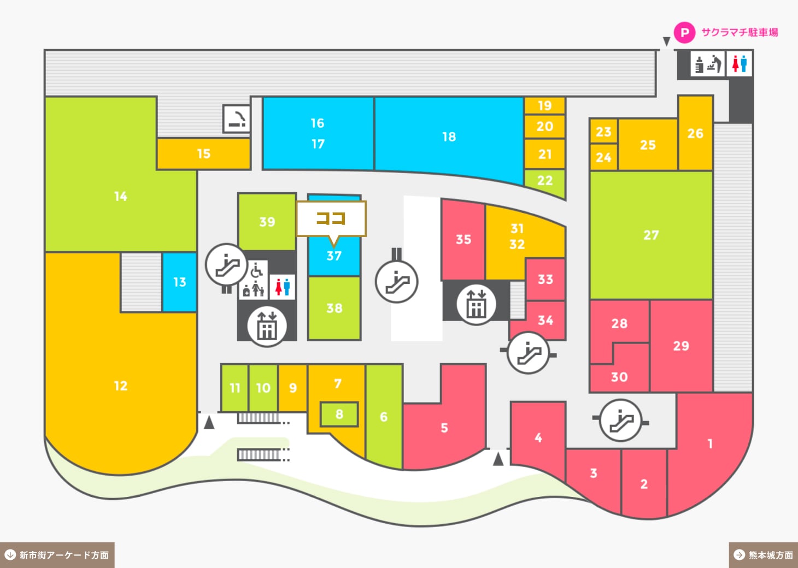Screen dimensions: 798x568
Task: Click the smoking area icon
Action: [x=237, y=119]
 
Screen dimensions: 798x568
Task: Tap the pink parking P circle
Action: [x=684, y=33]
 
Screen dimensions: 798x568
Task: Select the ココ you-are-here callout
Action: [x=331, y=219]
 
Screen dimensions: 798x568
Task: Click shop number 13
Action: [x=179, y=282]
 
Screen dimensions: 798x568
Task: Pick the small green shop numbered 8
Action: [x=339, y=414]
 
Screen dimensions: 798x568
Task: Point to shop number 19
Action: [x=545, y=105]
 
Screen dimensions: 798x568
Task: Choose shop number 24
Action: [x=603, y=157]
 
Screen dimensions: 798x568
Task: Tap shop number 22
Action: [x=545, y=181]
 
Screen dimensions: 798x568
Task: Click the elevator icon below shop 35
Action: [x=476, y=305]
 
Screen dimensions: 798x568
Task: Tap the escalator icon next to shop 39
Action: [x=226, y=265]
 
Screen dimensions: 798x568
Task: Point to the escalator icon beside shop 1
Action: [x=620, y=421]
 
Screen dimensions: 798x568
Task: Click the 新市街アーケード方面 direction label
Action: [x=57, y=555]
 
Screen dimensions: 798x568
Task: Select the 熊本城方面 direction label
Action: [x=764, y=555]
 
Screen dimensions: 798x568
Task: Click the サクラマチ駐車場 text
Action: [x=740, y=33]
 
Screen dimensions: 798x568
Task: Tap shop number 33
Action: [x=545, y=280]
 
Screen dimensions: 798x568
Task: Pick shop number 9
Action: [x=292, y=388]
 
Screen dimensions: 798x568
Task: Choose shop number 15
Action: [x=204, y=154]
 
